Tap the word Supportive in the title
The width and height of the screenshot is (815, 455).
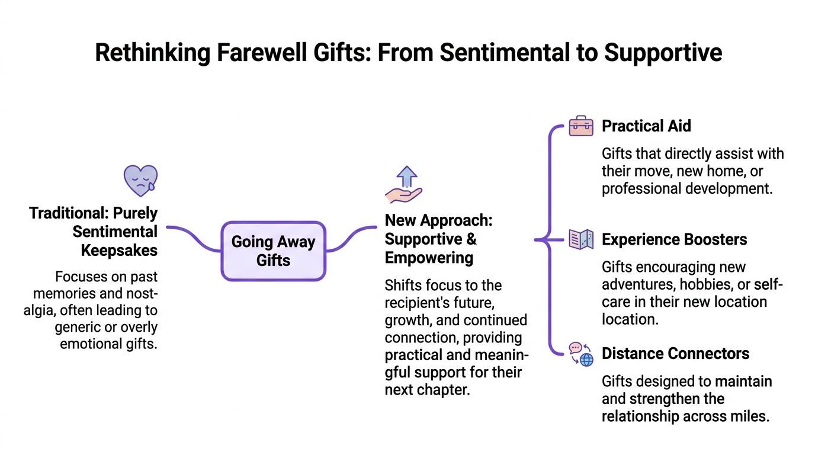[x=663, y=53]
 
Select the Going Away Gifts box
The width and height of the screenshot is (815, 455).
[x=273, y=251]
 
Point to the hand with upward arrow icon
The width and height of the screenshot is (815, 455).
[x=404, y=185]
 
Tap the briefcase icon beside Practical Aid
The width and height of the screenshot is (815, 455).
[x=580, y=126]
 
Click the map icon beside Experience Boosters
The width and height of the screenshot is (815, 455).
[x=580, y=239]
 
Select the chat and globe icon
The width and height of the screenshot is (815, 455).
[x=580, y=354]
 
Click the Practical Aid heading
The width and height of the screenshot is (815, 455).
[x=646, y=126]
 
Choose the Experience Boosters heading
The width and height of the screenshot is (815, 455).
[x=674, y=239]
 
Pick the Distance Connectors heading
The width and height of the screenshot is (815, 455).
[x=675, y=354]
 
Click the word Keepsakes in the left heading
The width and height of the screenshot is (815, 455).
[x=119, y=250]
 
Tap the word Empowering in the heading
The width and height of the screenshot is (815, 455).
[x=429, y=258]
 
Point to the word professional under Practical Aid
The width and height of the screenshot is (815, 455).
[x=641, y=189]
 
